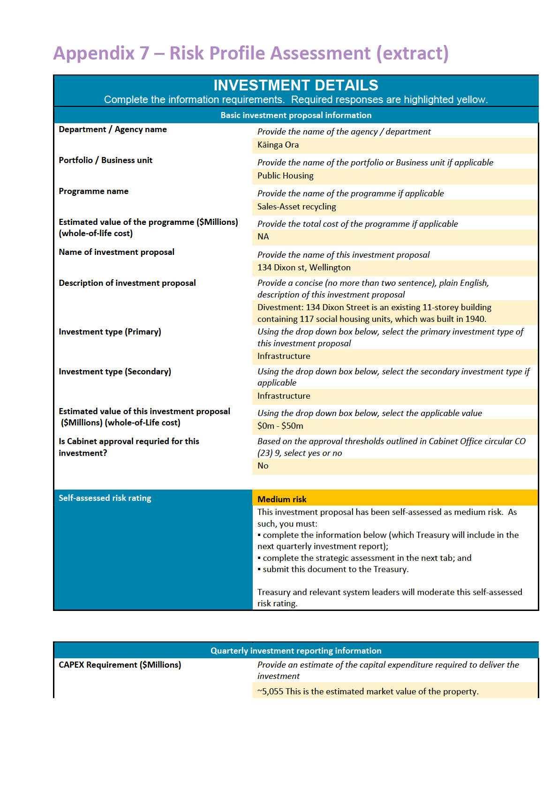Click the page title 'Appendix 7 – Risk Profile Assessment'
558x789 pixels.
pyautogui.click(x=251, y=53)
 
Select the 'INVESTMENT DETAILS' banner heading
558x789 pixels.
pyautogui.click(x=295, y=85)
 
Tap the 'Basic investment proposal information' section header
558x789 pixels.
pyautogui.click(x=295, y=115)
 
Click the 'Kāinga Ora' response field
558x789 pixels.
pyautogui.click(x=278, y=145)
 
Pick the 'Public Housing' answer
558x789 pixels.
pyautogui.click(x=285, y=176)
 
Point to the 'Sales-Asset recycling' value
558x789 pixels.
pyautogui.click(x=296, y=207)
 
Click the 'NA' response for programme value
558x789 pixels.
pyautogui.click(x=263, y=237)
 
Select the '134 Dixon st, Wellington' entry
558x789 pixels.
pyautogui.click(x=304, y=268)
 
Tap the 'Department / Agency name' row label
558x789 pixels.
pyautogui.click(x=113, y=129)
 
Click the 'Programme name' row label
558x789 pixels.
pyautogui.click(x=93, y=191)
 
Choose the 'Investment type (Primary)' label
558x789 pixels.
pyautogui.click(x=110, y=332)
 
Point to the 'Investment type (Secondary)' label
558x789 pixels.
pyautogui.click(x=115, y=372)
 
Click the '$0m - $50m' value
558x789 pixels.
pyautogui.click(x=280, y=426)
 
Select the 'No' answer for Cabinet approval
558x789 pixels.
pyautogui.click(x=263, y=466)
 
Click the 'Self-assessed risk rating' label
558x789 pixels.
pyautogui.click(x=105, y=498)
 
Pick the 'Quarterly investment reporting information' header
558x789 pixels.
pyautogui.click(x=295, y=651)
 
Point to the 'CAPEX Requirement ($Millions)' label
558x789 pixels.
pyautogui.click(x=120, y=665)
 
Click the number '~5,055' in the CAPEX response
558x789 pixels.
pyautogui.click(x=270, y=692)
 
